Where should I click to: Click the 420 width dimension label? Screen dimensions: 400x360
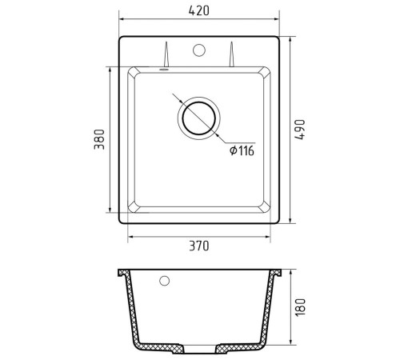pyautogui.click(x=199, y=10)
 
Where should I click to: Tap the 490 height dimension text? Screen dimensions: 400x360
pyautogui.click(x=299, y=130)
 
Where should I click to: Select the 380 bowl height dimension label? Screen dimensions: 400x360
pyautogui.click(x=99, y=139)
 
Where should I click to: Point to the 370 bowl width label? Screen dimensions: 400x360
pyautogui.click(x=199, y=246)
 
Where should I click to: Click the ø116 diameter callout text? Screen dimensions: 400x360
pyautogui.click(x=242, y=150)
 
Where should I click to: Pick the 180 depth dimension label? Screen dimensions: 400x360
pyautogui.click(x=300, y=307)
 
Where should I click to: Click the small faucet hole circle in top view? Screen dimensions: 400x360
pyautogui.click(x=199, y=50)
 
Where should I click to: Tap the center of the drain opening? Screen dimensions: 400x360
pyautogui.click(x=199, y=118)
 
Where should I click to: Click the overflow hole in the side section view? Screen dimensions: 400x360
pyautogui.click(x=164, y=281)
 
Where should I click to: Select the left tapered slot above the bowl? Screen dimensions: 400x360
pyautogui.click(x=166, y=54)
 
